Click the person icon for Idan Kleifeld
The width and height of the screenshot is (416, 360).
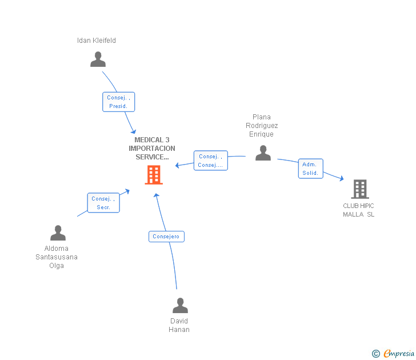(x=98, y=59)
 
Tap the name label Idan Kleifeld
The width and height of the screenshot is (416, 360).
(x=97, y=41)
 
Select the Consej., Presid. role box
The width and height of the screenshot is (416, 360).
(x=118, y=102)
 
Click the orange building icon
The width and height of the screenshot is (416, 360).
(x=154, y=175)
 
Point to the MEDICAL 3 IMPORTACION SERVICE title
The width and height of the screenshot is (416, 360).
(x=152, y=148)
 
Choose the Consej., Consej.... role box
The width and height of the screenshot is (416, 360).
(x=210, y=161)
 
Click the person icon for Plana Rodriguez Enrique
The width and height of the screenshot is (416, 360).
(x=263, y=153)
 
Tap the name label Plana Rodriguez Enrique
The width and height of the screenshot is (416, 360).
(x=262, y=126)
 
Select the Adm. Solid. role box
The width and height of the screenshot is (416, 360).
(x=310, y=169)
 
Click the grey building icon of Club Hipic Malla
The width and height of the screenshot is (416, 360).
(x=359, y=189)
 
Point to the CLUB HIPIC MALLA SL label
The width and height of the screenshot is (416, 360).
(x=359, y=210)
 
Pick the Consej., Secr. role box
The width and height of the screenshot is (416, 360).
(x=103, y=203)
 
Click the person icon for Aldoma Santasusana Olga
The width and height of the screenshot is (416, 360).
(x=58, y=233)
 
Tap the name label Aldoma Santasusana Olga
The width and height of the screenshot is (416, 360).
(x=57, y=257)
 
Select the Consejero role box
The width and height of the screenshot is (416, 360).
(x=166, y=236)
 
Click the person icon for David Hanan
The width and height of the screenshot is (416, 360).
(x=180, y=306)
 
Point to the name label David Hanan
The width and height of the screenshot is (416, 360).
(x=179, y=325)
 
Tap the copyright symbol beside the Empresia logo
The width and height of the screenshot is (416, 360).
(x=376, y=354)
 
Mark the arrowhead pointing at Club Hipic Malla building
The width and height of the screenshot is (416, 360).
(x=342, y=179)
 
